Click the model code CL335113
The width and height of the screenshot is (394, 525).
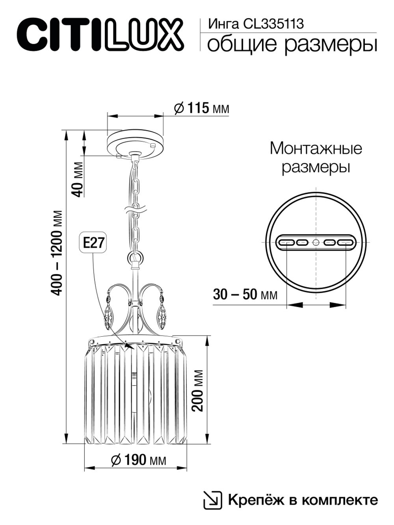[274, 24]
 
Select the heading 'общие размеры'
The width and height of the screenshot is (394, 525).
[292, 44]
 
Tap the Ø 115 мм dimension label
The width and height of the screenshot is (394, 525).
[201, 108]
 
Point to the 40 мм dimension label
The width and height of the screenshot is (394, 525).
[78, 179]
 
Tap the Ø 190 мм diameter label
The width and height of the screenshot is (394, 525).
[138, 459]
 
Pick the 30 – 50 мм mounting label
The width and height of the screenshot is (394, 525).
[245, 295]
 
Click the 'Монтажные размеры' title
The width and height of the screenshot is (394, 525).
[316, 158]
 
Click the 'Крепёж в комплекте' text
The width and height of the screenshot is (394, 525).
[303, 500]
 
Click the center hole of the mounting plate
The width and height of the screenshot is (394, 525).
[316, 242]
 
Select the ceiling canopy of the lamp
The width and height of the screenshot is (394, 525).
[135, 144]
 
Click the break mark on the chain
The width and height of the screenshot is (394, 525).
[135, 209]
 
